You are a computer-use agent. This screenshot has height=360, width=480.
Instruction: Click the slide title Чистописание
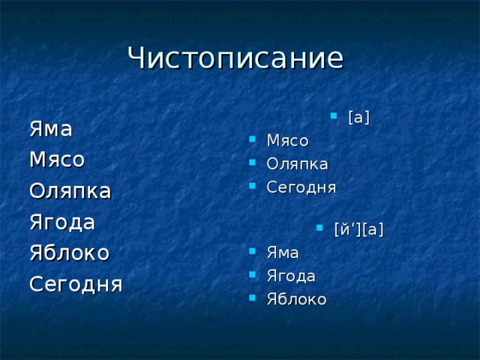click(x=235, y=58)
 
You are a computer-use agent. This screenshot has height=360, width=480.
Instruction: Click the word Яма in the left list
click(x=50, y=129)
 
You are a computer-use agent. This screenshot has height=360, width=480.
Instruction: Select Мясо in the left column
click(x=56, y=160)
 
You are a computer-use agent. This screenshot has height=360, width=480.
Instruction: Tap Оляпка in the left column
click(x=69, y=191)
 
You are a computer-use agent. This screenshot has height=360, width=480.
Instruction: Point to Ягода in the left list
click(x=61, y=223)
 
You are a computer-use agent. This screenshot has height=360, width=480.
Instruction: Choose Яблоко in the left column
click(x=69, y=253)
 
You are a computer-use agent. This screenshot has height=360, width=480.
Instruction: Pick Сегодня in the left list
click(x=75, y=285)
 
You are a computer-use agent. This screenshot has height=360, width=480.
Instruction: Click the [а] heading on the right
click(x=359, y=118)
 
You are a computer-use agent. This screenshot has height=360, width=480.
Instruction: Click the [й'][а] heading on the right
click(x=358, y=229)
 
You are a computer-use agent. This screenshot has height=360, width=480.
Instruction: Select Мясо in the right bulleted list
click(x=287, y=140)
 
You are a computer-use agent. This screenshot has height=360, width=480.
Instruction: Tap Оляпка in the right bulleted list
click(x=297, y=163)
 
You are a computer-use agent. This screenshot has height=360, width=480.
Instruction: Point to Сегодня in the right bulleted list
click(x=301, y=187)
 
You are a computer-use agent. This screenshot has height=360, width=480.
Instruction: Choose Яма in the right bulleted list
click(x=283, y=253)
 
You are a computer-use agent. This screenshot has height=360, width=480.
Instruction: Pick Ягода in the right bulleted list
click(x=291, y=276)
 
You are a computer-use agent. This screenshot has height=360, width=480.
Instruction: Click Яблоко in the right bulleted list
click(x=296, y=299)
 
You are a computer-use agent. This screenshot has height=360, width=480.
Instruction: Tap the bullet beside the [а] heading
click(x=333, y=115)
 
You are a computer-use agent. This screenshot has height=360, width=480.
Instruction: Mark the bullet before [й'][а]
click(x=319, y=227)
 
